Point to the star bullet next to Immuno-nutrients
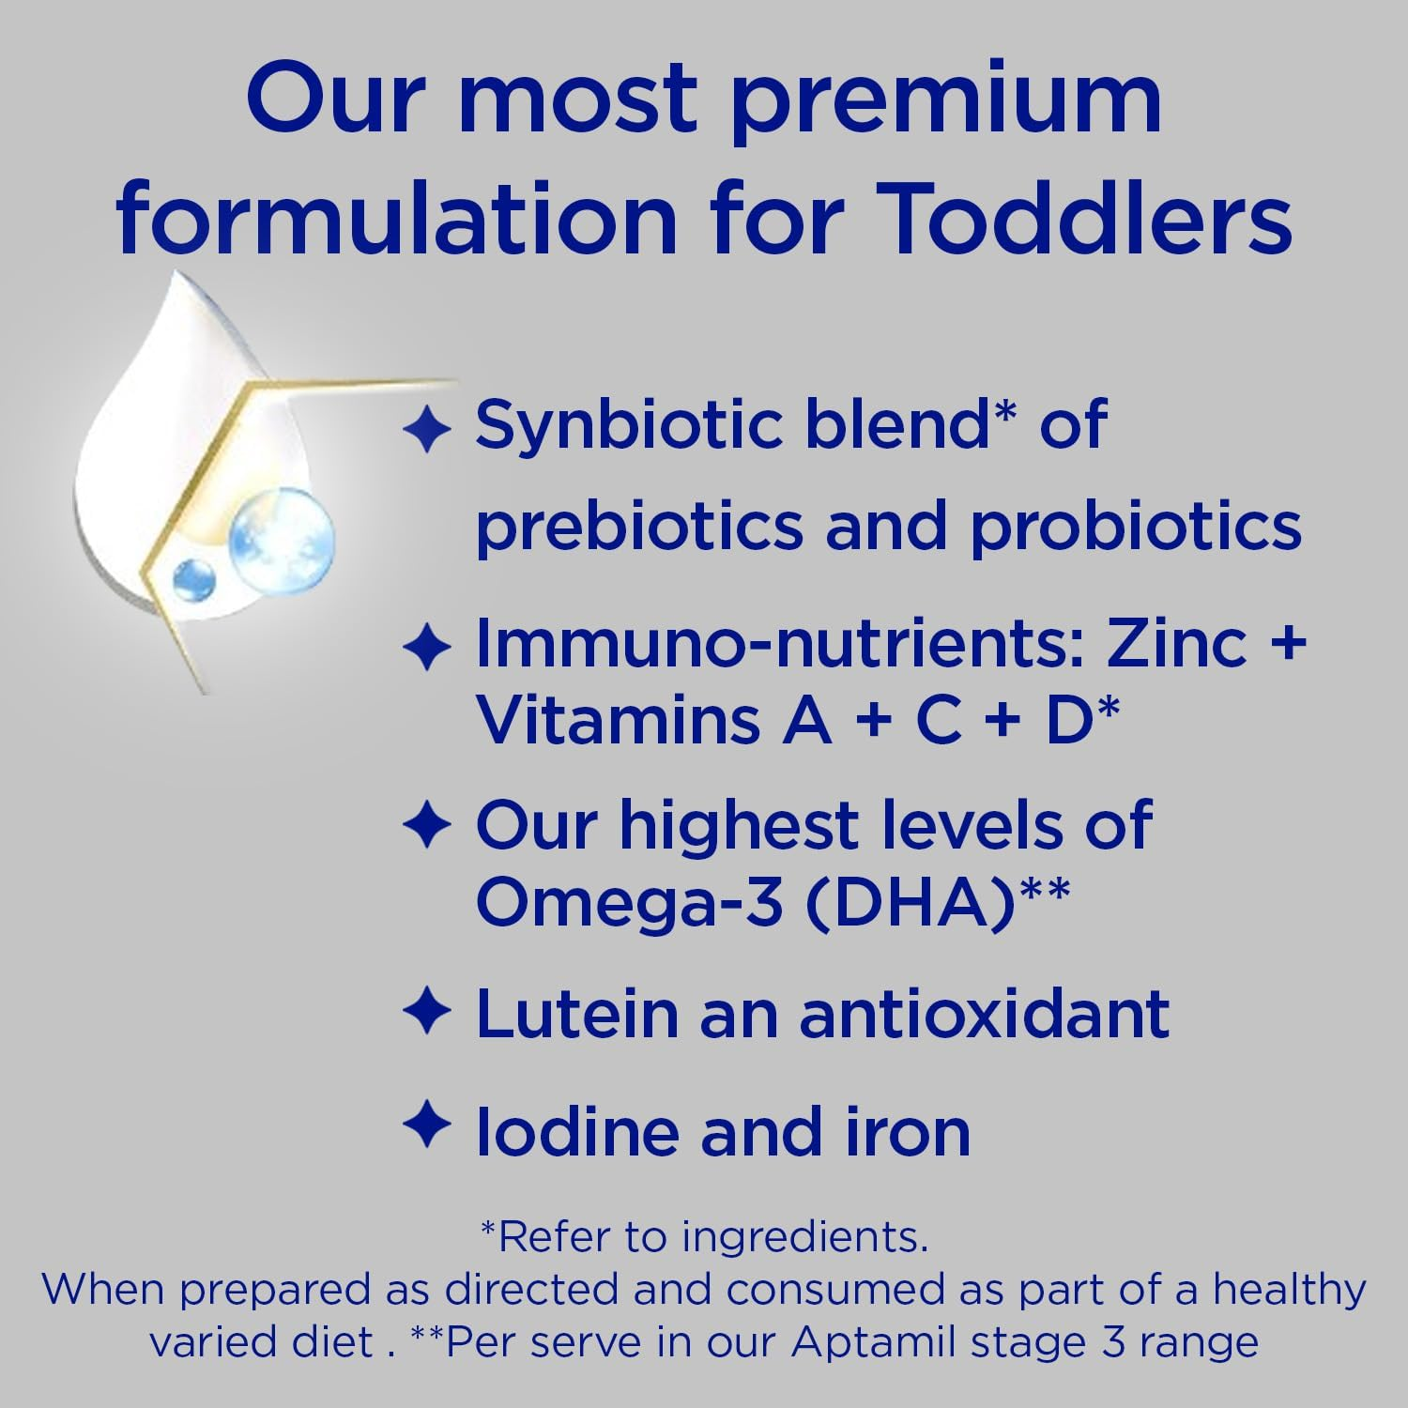tap(427, 649)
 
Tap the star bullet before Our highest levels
tap(427, 826)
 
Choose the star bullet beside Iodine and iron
tap(427, 1125)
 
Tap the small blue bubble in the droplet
tap(194, 578)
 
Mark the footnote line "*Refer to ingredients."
tap(704, 1237)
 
